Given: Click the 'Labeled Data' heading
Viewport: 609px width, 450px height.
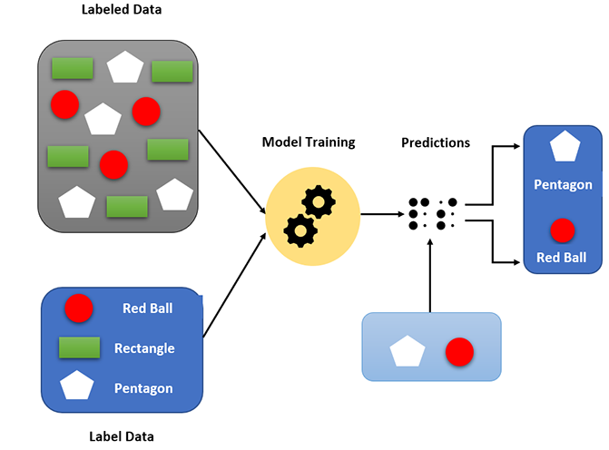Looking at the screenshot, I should (x=114, y=10).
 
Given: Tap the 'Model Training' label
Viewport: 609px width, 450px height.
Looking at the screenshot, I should (x=309, y=142).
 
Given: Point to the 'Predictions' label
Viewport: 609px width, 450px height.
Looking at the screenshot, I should (x=436, y=142).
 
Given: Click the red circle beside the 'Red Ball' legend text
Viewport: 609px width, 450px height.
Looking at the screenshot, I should (x=79, y=308).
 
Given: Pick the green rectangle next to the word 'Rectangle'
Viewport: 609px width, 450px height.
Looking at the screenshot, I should (x=79, y=347).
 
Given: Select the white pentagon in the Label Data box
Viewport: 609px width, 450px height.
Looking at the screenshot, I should (x=79, y=386).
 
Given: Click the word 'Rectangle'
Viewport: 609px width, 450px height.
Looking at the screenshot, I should (x=144, y=348).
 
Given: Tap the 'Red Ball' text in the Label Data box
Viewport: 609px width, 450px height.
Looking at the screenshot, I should (x=147, y=308).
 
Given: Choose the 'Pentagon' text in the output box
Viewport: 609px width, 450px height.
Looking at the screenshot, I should (x=563, y=185).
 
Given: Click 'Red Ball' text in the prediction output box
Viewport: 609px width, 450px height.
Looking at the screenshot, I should (x=563, y=258).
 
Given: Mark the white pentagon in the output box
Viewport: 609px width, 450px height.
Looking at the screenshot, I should (x=563, y=146).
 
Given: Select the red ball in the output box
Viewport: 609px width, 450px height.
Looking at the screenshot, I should (x=563, y=229).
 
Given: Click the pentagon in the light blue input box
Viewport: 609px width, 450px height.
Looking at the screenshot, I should (x=406, y=351).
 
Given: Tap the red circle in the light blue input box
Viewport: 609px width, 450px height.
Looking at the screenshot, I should (x=459, y=351).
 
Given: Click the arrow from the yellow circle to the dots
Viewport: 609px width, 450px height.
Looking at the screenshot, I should (x=381, y=215).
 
